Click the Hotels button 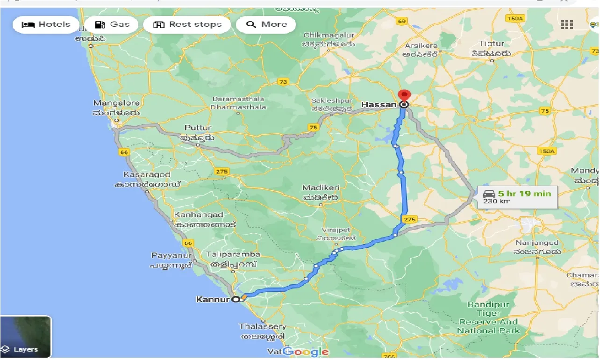click(x=46, y=25)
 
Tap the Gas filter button click(x=113, y=25)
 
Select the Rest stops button click(x=187, y=25)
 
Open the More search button click(x=266, y=25)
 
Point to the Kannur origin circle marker click(x=236, y=299)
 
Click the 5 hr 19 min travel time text click(x=524, y=194)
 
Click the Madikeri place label click(x=321, y=187)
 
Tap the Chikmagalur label click(x=329, y=36)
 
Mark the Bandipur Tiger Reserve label click(x=488, y=317)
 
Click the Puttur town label click(x=198, y=128)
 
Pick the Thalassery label click(x=262, y=326)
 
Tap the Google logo click(x=306, y=352)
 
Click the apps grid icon click(x=566, y=25)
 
